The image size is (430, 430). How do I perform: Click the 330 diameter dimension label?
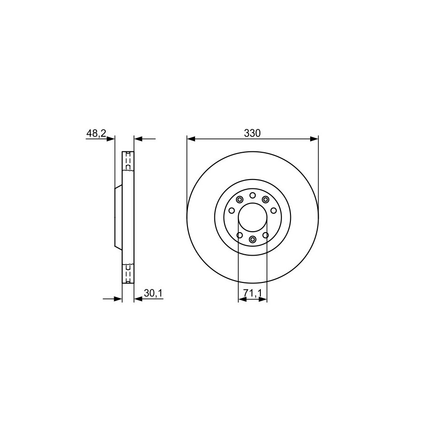coord(252,133)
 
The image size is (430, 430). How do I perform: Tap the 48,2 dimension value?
coord(96,133)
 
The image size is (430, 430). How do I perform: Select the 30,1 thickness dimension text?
coord(153,293)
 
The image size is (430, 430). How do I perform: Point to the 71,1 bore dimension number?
coord(252,293)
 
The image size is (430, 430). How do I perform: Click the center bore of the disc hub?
coord(252,218)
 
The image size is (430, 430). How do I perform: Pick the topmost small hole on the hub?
coord(252,195)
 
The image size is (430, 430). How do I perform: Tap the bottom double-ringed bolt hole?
coord(252,239)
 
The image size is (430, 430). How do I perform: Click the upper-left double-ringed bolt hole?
coord(240,199)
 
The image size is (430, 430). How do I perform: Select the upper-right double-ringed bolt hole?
coord(266,199)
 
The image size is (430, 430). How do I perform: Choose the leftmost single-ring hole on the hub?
coord(232,211)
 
